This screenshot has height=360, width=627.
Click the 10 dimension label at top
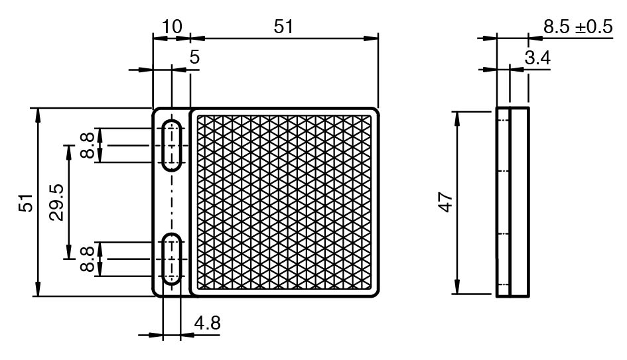click(172, 27)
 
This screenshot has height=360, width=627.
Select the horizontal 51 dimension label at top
click(283, 27)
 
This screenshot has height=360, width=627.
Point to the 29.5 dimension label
click(56, 203)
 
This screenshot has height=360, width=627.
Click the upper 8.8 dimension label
click(87, 145)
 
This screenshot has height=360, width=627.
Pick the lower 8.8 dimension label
click(87, 259)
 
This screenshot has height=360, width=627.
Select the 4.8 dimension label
click(207, 323)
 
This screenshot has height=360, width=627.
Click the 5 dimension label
click(194, 57)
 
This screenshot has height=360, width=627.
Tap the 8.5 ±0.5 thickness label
click(578, 27)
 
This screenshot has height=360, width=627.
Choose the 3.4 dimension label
click(537, 58)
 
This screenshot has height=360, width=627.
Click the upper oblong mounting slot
click(172, 145)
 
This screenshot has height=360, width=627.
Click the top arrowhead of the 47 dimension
click(457, 119)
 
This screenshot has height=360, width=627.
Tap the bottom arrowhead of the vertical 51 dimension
click(38, 289)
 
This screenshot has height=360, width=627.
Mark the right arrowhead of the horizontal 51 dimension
click(371, 38)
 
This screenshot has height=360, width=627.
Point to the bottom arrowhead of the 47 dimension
click(457, 286)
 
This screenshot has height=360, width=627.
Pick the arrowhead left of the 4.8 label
click(155, 335)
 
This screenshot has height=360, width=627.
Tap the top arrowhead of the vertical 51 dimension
click(38, 115)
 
